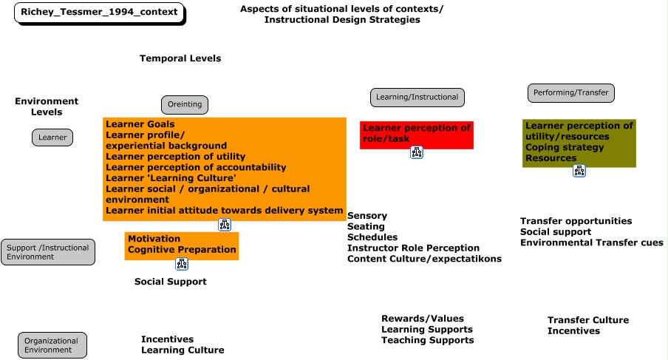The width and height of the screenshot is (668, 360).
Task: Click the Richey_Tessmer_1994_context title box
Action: [x=99, y=13]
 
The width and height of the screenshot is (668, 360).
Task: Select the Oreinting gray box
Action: [x=185, y=105]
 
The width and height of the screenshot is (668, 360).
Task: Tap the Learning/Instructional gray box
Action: [x=417, y=97]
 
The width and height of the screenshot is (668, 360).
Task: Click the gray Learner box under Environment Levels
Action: [x=52, y=137]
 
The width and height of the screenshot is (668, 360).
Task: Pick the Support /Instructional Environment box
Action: [x=48, y=252]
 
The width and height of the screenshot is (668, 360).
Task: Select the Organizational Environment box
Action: [x=52, y=345]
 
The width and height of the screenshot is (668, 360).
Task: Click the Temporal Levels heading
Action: [x=180, y=58]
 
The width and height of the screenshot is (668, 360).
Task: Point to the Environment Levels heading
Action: [x=47, y=106]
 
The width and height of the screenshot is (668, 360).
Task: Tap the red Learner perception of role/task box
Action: [x=417, y=135]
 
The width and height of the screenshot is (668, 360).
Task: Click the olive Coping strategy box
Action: [x=579, y=143]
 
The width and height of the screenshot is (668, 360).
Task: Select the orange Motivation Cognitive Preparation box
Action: [x=182, y=245]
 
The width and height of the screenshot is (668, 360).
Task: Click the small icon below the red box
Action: [x=417, y=152]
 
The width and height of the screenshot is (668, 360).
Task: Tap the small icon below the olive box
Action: [x=579, y=171]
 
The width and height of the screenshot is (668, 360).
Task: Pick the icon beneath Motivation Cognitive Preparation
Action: [x=182, y=264]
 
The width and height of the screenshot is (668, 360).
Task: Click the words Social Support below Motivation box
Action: [x=171, y=282]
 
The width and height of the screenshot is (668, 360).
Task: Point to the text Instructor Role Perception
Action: [x=413, y=248]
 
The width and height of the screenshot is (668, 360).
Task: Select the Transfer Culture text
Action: [x=588, y=320]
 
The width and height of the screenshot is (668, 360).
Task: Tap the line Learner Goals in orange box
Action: [x=140, y=124]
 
